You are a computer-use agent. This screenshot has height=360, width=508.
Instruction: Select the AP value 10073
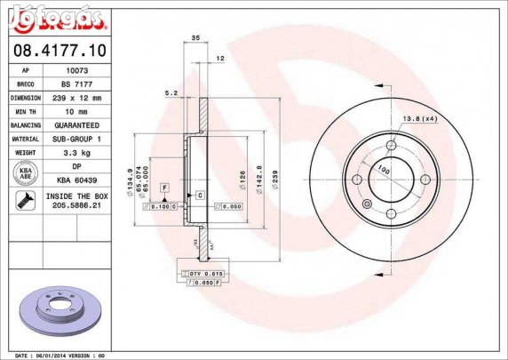76,69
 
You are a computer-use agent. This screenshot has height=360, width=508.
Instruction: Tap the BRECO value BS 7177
76,83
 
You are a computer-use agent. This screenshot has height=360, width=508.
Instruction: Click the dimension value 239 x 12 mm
76,97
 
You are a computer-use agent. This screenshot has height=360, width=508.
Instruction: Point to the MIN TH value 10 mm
76,111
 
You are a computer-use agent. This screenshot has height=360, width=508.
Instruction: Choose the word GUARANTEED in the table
76,125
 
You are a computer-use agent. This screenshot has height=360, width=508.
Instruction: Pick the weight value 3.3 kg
76,153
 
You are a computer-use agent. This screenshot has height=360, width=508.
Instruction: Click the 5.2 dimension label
171,92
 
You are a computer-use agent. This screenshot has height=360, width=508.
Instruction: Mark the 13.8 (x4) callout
419,119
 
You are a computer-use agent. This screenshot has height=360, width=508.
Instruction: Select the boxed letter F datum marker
164,188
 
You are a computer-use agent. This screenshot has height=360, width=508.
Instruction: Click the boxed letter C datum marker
200,195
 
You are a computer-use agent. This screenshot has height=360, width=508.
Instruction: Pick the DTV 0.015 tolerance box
202,274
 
